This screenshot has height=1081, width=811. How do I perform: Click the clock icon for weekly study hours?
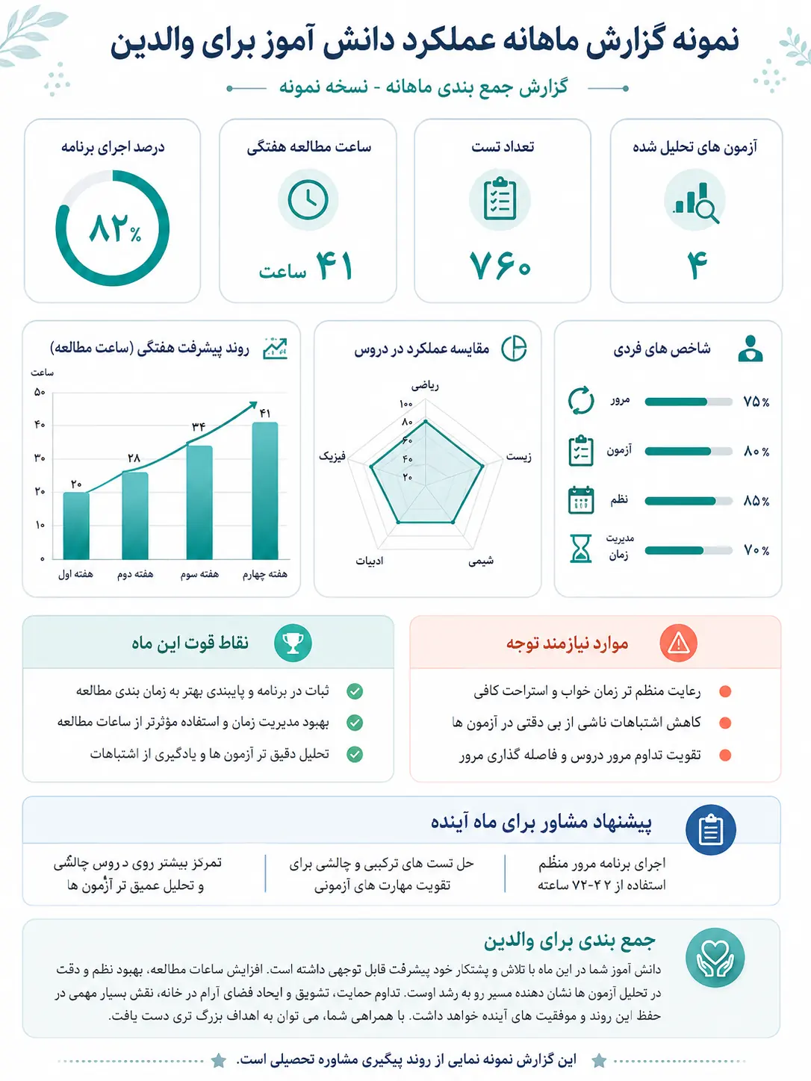[308, 199]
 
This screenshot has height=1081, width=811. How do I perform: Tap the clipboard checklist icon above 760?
[500, 199]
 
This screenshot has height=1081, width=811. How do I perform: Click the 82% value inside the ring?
[115, 228]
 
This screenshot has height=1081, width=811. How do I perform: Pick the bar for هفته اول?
[76, 526]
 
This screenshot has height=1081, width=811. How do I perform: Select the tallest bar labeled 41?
[265, 490]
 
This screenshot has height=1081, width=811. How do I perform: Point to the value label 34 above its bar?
[199, 426]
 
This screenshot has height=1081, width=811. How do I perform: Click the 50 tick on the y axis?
[40, 393]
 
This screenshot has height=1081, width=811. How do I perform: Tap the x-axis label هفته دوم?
[135, 574]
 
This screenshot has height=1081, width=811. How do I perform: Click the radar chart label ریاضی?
[425, 386]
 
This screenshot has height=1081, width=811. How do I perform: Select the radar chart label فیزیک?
[332, 457]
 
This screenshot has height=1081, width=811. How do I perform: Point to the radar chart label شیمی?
[481, 561]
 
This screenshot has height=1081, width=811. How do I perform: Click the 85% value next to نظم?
[756, 502]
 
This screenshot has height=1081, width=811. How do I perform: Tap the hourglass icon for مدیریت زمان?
[580, 549]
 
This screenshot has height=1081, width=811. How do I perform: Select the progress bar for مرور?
[689, 402]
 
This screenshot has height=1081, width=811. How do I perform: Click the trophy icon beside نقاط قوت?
[293, 644]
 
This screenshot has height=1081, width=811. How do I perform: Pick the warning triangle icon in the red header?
[679, 644]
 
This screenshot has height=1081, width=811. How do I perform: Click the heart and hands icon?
[715, 958]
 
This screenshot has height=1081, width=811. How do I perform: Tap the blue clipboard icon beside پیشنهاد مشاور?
[711, 830]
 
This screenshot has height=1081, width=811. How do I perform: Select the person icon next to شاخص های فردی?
[751, 349]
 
